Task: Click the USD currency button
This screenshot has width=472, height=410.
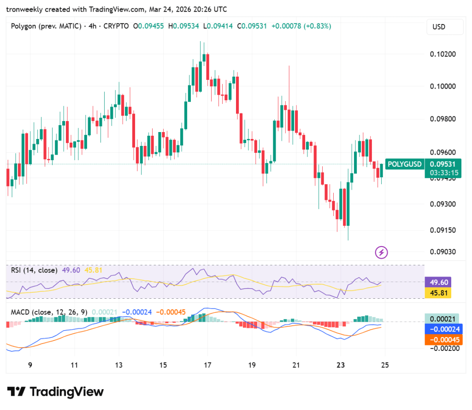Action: (x=445, y=27)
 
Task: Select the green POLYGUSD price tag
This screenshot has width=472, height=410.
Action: (x=405, y=164)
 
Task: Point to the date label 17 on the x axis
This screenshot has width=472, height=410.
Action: (x=207, y=365)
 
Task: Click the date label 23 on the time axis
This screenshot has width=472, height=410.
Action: (x=341, y=365)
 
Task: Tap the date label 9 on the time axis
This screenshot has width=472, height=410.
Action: (x=30, y=365)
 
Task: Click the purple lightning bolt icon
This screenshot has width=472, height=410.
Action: (x=382, y=252)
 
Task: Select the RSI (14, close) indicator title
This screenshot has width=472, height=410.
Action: (x=34, y=270)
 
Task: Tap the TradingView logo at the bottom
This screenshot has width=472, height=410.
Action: (x=55, y=392)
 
